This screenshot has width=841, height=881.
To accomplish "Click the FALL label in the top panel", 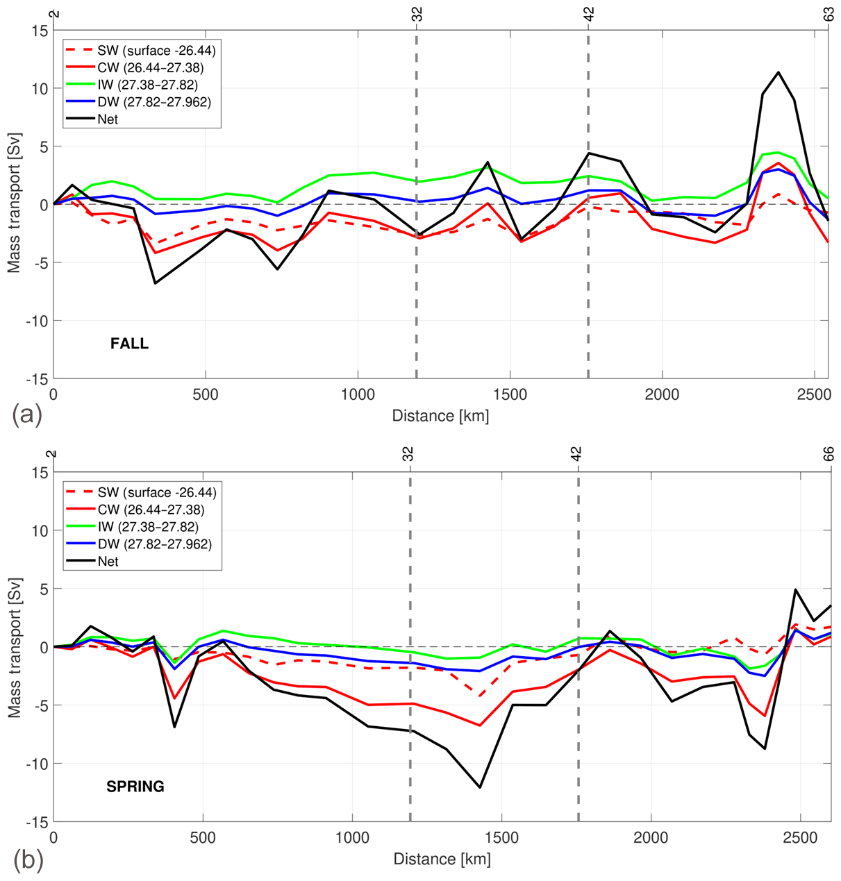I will tap(129, 344).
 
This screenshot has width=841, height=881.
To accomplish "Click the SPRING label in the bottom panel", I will tap(135, 787).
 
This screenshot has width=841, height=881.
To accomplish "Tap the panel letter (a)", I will tap(27, 415).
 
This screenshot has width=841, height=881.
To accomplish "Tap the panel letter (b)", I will tap(28, 859).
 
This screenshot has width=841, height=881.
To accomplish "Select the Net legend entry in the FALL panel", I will tap(108, 119).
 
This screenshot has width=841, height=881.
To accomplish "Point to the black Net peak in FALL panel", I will tap(778, 72).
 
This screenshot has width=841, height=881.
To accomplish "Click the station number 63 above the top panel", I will tap(829, 15).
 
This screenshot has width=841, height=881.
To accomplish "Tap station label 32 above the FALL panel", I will tap(417, 15).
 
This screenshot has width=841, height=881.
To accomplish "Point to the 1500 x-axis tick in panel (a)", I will tap(510, 394).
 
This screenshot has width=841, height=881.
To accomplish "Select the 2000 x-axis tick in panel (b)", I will tap(651, 837).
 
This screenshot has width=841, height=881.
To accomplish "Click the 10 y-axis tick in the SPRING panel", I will tap(39, 530).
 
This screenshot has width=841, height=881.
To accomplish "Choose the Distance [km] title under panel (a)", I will tap(440, 416).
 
